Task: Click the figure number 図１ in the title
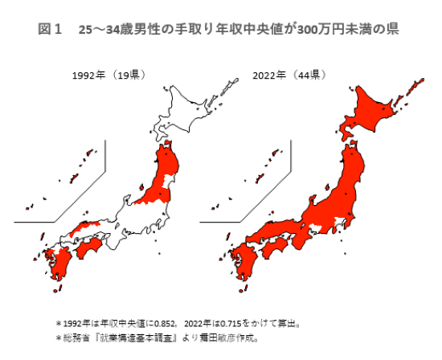(51, 30)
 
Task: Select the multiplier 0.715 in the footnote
(227, 325)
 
